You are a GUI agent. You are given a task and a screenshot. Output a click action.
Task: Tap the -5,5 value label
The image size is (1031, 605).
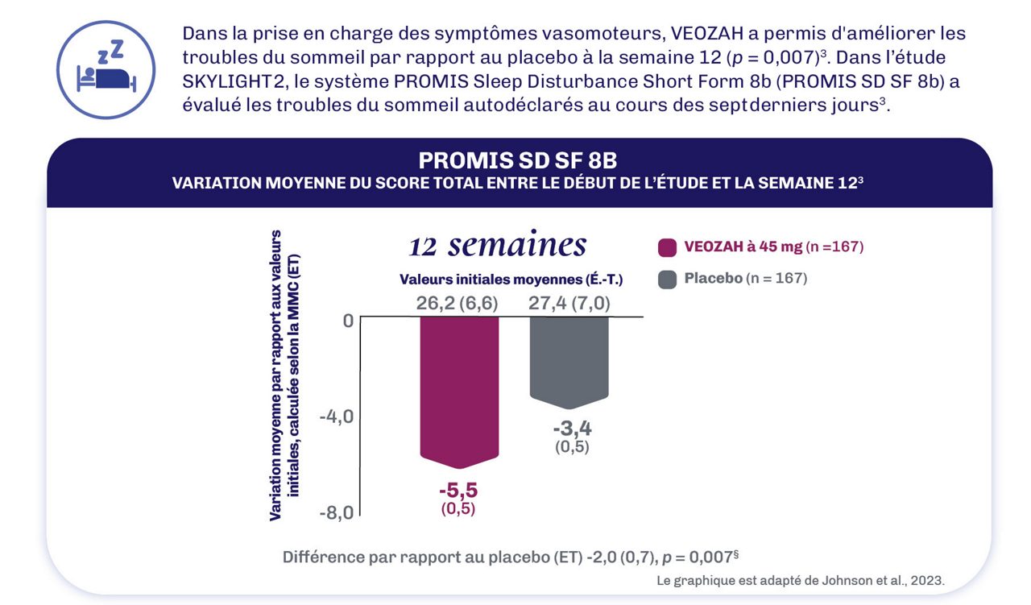point(458,490)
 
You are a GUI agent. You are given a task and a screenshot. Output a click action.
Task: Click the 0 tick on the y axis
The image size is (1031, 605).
point(347,320)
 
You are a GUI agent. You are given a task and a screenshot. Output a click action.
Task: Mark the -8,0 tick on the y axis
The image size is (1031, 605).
point(336,513)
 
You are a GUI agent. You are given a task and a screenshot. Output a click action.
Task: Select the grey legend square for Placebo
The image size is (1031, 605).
point(666,280)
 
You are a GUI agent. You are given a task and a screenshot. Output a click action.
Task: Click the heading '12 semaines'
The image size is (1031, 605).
point(498,245)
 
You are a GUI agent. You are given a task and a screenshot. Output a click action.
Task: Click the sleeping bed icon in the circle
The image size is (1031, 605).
point(106,70)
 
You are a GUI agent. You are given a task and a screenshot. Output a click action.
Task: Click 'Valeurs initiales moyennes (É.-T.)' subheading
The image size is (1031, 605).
point(511,280)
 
